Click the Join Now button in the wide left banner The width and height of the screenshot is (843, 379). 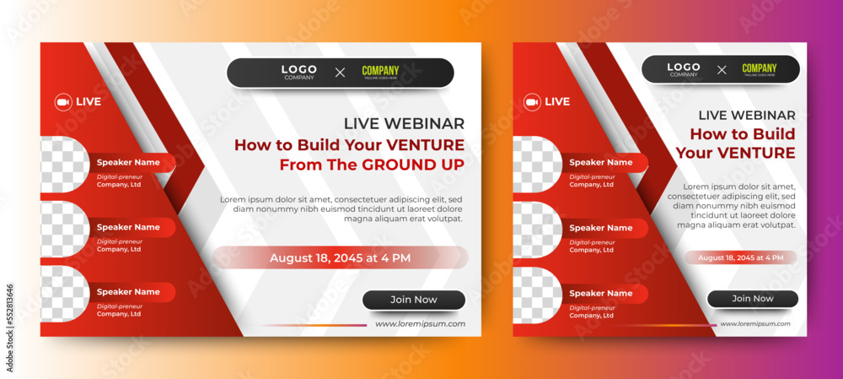pyautogui.click(x=414, y=300)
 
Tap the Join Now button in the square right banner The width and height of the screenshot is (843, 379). pyautogui.click(x=752, y=299)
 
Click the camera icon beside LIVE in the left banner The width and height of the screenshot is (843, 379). pyautogui.click(x=62, y=102)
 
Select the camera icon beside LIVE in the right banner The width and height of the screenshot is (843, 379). pyautogui.click(x=531, y=102)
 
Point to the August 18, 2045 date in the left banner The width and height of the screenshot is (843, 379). pyautogui.click(x=340, y=257)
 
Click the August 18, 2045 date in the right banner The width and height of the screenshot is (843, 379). pyautogui.click(x=740, y=257)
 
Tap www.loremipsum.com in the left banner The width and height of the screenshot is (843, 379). pyautogui.click(x=420, y=323)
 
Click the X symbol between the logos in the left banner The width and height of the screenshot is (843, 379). pyautogui.click(x=340, y=73)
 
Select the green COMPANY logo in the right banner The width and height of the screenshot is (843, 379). pyautogui.click(x=760, y=69)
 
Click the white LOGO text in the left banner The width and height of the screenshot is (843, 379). pyautogui.click(x=298, y=70)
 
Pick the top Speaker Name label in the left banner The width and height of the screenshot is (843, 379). pyautogui.click(x=128, y=162)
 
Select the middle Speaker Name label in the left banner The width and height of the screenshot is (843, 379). pyautogui.click(x=128, y=227)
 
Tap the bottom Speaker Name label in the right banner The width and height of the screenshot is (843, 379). pyautogui.click(x=600, y=293)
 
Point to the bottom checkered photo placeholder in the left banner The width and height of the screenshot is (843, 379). pyautogui.click(x=64, y=294)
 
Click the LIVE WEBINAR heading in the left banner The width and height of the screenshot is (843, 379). pyautogui.click(x=404, y=124)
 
